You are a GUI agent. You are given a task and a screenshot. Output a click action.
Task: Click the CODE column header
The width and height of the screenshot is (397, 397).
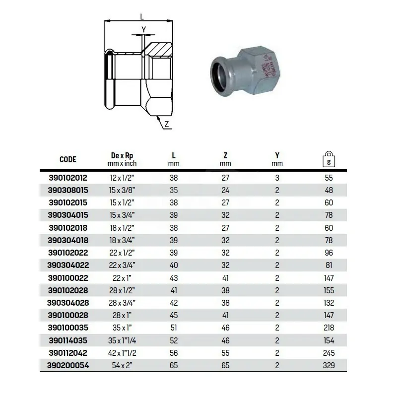pos(68,159)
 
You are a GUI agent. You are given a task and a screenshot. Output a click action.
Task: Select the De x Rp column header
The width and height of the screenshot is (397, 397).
pos(122,155)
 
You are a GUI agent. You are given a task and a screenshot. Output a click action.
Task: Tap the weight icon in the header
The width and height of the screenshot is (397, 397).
pos(329,159)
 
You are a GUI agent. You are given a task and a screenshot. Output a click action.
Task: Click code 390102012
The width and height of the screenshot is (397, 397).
pos(68,178)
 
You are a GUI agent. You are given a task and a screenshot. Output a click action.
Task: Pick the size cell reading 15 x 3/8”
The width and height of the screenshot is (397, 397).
pos(122,190)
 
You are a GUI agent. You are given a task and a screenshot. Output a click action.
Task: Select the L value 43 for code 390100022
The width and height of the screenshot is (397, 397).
pos(174,278)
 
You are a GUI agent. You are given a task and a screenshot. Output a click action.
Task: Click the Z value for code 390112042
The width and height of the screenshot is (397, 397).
pos(225,353)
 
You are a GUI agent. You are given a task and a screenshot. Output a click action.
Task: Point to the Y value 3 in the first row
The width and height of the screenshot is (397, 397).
pos(277,178)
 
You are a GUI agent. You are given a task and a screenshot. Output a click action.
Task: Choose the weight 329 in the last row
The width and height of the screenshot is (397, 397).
pos(329,365)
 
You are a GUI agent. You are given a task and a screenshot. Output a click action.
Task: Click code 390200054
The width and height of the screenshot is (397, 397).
pos(68,365)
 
